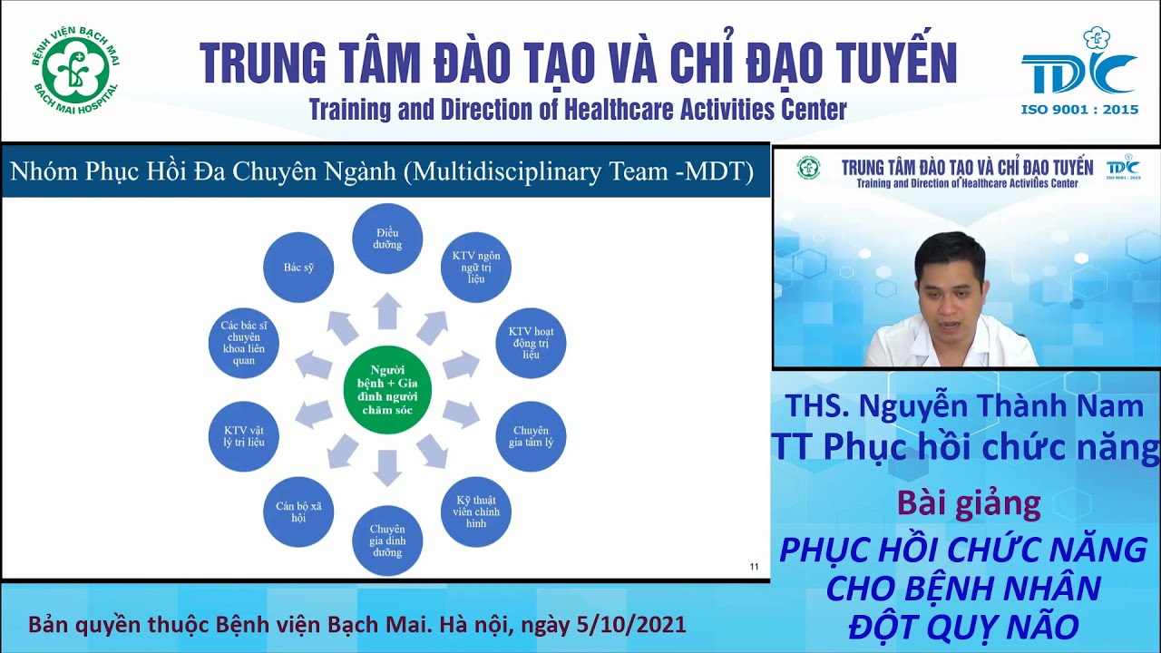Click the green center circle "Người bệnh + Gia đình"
coord(387,390)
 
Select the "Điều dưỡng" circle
coord(387,239)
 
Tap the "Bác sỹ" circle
coord(298,268)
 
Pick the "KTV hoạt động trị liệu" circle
coord(531,342)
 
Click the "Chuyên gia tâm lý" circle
coord(531,436)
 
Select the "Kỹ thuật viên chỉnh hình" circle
coord(476,511)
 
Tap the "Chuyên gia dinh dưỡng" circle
coord(387,541)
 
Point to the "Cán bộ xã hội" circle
coord(298,512)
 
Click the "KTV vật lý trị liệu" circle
coord(243,436)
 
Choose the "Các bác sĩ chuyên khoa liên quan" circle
coord(243,342)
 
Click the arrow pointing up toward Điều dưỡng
coord(387,311)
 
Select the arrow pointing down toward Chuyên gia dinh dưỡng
coord(387,467)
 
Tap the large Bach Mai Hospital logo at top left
coord(75,69)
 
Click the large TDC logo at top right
coord(1078,67)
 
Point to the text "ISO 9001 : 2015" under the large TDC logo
coord(1079,110)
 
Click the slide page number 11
coord(754,568)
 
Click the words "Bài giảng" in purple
coord(968,502)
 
